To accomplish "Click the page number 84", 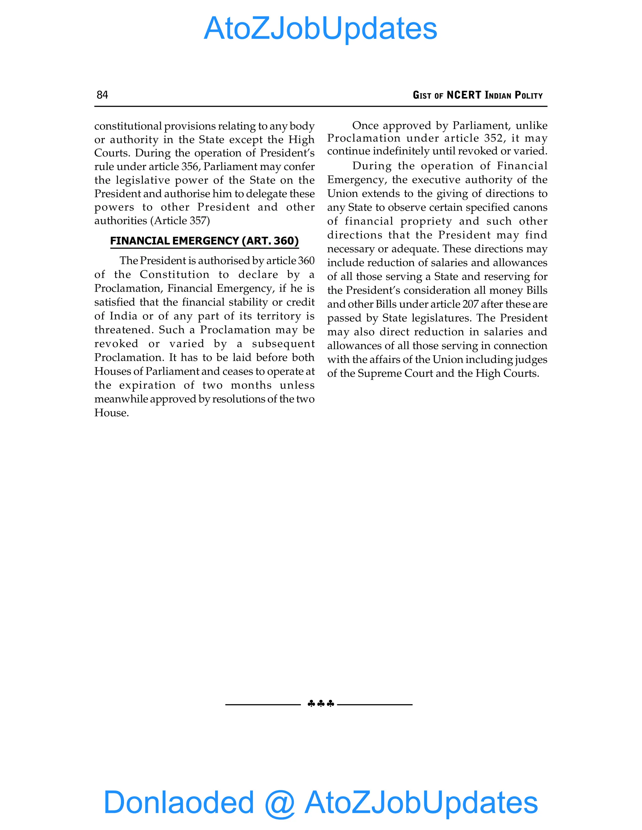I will click(102, 95).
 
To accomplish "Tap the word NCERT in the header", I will click(464, 95).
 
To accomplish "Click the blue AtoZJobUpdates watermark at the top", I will click(321, 29).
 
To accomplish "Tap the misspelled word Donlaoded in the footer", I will click(179, 802).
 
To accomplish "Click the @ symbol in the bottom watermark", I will click(280, 803).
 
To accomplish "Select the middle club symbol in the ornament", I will click(321, 704).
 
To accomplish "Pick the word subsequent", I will click(283, 344).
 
